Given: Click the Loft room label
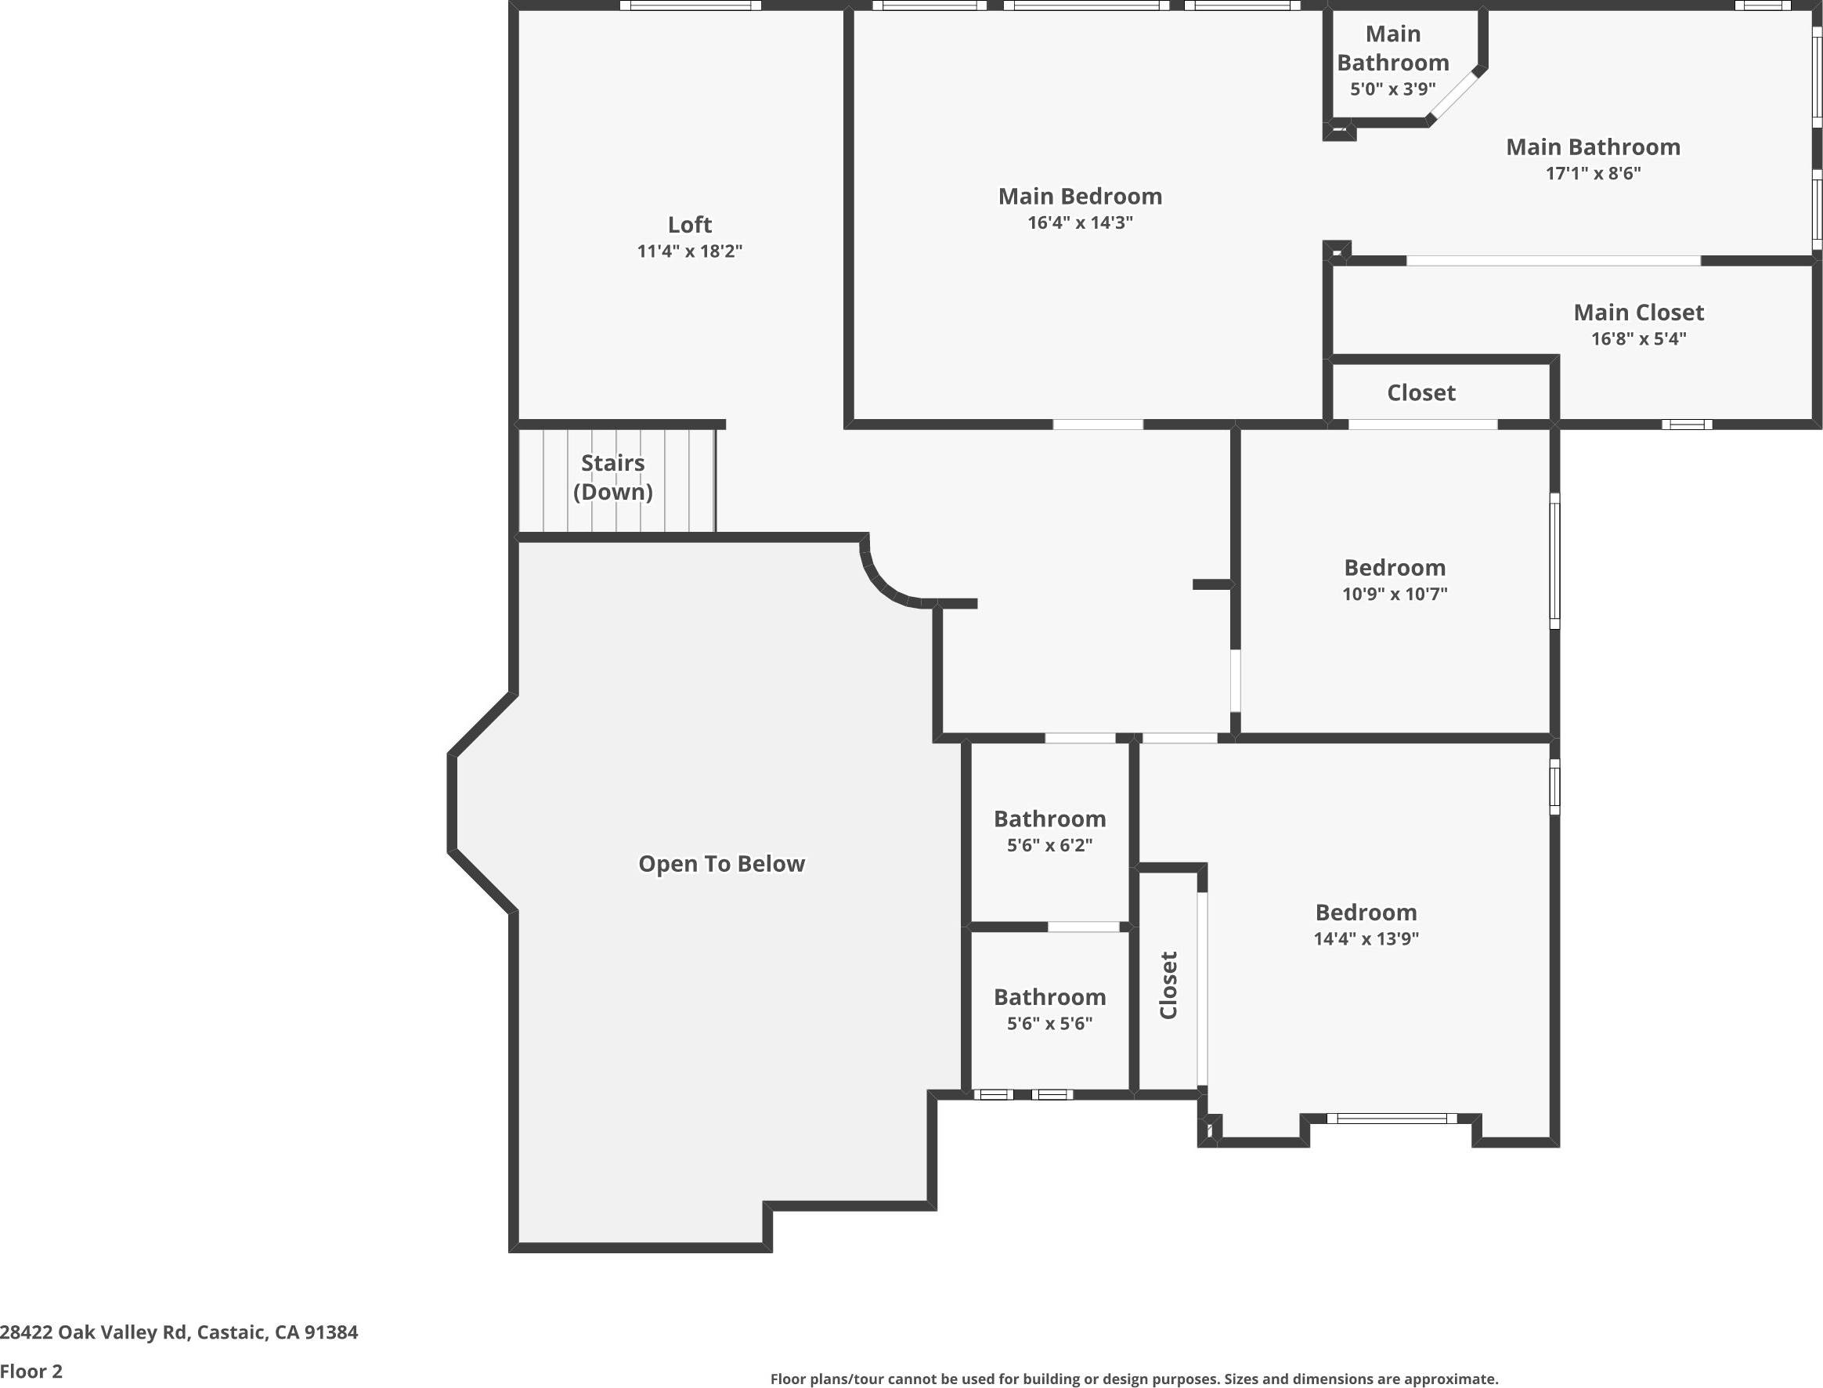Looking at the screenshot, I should point(689,225).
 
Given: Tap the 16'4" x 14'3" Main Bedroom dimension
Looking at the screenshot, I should point(1080,222).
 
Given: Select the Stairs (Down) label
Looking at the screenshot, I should point(612,477).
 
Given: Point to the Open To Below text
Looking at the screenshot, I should point(721,863).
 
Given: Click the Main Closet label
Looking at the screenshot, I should point(1638,313).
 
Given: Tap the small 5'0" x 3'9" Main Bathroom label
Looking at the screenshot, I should point(1392,89).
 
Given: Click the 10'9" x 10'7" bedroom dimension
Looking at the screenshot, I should point(1395,593).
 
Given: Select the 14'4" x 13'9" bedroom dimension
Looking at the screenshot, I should point(1366,938).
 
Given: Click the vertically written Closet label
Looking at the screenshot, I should point(1168,985).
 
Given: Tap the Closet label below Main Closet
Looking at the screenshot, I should point(1420,392).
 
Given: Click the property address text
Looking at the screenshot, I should point(179,1332).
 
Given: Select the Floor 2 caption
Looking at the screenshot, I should point(31,1372).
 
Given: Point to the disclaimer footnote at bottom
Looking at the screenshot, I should point(1133,1379).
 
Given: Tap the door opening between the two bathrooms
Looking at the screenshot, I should point(1083,927).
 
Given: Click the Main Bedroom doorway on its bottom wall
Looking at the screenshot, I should point(1097,425).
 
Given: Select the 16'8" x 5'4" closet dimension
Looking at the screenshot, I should point(1638,338).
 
